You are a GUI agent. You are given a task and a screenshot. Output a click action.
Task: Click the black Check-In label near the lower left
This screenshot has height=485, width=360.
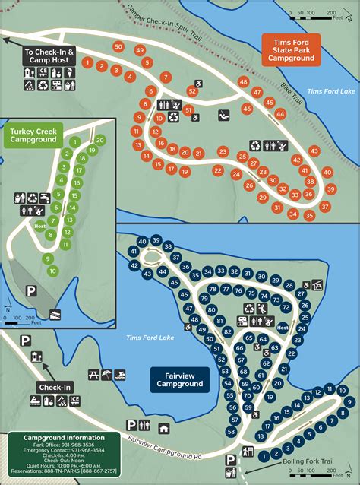(x=55, y=388)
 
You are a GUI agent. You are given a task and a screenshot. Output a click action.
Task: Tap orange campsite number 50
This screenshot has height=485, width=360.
(x=117, y=46)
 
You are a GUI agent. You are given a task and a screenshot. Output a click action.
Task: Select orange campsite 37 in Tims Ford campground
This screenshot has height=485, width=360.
(x=324, y=206)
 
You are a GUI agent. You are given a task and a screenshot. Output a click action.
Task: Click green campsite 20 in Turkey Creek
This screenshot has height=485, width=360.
(x=100, y=140)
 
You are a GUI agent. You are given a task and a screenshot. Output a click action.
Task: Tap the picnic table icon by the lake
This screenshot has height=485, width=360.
(x=94, y=375)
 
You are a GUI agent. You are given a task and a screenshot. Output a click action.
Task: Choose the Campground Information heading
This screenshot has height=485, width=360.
(x=64, y=438)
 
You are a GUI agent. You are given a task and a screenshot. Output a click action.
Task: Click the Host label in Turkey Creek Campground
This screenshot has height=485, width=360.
(x=39, y=225)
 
